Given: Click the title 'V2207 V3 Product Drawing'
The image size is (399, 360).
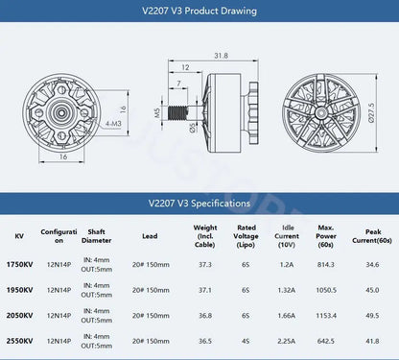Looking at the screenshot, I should pyautogui.click(x=199, y=14).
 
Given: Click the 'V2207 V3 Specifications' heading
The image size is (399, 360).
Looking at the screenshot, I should pyautogui.click(x=199, y=204).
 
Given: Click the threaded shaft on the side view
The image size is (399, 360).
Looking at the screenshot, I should pyautogui.click(x=178, y=112).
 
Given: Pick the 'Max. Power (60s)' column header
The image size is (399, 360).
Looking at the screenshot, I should pyautogui.click(x=325, y=236).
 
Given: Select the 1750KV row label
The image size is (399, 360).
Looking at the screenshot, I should pyautogui.click(x=19, y=264).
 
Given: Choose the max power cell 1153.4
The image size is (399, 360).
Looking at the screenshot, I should pyautogui.click(x=326, y=316).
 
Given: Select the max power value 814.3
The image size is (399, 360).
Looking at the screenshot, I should pyautogui.click(x=326, y=264).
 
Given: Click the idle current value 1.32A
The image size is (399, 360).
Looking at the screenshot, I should pyautogui.click(x=288, y=290).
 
